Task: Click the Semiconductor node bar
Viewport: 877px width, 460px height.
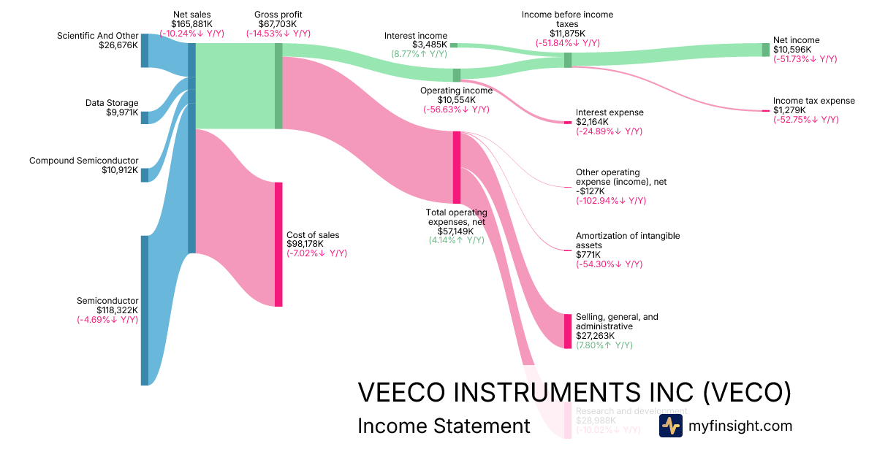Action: point(145,310)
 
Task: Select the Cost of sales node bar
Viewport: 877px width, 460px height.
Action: point(278,244)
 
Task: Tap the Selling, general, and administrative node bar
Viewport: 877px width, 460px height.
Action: point(568,331)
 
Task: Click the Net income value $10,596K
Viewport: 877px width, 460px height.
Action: point(791,50)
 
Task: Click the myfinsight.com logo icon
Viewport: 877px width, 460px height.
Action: point(670,426)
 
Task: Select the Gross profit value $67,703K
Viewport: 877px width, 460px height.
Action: point(278,24)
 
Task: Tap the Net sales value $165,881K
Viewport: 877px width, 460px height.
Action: point(191,24)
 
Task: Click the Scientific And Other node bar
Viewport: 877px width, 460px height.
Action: point(145,50)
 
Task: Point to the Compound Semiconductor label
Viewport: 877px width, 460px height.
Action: point(83,160)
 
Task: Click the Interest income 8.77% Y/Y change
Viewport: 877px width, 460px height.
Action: point(419,54)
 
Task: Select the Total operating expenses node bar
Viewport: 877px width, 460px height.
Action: point(457,167)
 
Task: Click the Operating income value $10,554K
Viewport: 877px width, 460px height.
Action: point(456,100)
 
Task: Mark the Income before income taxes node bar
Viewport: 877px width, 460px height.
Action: point(568,60)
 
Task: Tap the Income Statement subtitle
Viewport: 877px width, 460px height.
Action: point(444,426)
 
